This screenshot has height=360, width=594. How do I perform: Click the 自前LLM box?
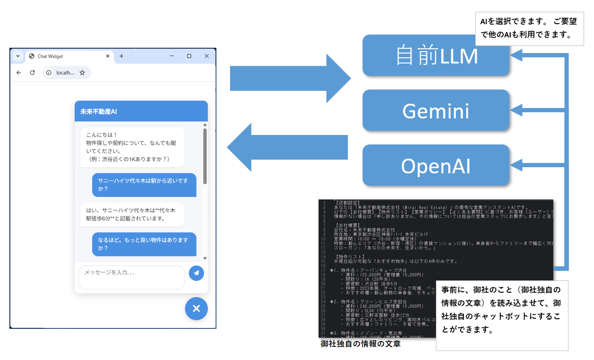[x=435, y=55]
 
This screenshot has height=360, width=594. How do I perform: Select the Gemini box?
[x=435, y=110]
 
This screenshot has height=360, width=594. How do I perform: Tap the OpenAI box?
[x=435, y=165]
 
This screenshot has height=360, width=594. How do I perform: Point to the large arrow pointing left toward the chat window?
[x=288, y=147]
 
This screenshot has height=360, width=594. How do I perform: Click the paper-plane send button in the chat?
[x=196, y=273]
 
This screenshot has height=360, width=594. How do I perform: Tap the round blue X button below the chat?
[x=196, y=308]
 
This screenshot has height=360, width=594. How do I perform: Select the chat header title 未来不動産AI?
[x=98, y=112]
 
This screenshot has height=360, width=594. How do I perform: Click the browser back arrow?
[x=19, y=72]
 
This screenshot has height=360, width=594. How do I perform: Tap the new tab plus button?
[x=121, y=56]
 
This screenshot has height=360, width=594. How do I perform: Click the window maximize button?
[x=189, y=56]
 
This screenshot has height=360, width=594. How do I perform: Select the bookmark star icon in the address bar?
[x=82, y=72]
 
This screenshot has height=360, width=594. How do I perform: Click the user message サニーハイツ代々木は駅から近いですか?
[x=144, y=185]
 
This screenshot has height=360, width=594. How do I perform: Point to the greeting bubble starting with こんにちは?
[x=132, y=147]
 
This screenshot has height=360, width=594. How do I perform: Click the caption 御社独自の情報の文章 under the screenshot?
[x=360, y=344]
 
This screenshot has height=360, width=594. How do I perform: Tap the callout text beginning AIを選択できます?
[x=529, y=28]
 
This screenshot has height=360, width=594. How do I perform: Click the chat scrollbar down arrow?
[x=205, y=258]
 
